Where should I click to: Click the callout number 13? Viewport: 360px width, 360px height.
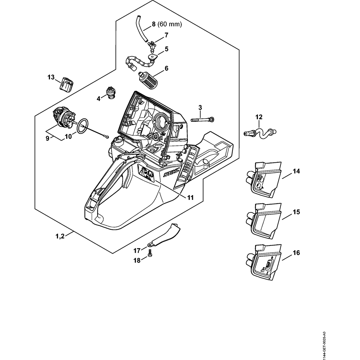[x=51, y=77]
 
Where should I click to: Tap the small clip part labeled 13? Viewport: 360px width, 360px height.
[x=67, y=85]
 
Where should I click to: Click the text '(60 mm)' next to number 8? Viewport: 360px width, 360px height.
[x=170, y=24]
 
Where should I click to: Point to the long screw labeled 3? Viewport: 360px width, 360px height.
[x=202, y=120]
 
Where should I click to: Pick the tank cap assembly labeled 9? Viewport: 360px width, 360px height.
[x=64, y=120]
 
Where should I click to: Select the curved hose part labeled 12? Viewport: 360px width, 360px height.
[x=260, y=133]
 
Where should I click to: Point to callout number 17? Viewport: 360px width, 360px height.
[x=137, y=251]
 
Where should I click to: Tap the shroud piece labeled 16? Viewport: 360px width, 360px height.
[x=264, y=262]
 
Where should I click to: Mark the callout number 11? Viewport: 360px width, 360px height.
[x=190, y=198]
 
